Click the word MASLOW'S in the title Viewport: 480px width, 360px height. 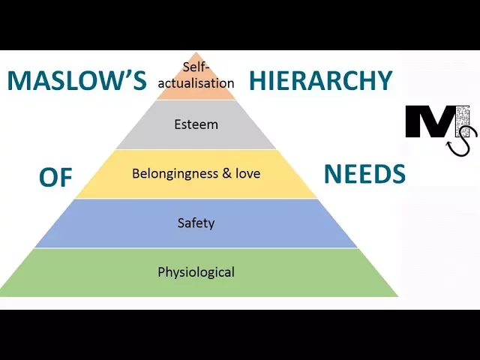tap(76, 81)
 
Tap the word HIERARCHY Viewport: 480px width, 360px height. tap(321, 81)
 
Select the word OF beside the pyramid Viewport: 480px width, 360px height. tap(55, 177)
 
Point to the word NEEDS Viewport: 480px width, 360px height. tap(364, 174)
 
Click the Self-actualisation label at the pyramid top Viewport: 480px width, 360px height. tap(196, 75)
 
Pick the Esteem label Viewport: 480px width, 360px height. tap(196, 124)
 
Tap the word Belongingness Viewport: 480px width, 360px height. tap(175, 173)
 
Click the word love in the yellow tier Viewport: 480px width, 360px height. tap(247, 173)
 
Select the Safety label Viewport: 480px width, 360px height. tap(196, 223)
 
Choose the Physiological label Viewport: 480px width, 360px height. tap(196, 271)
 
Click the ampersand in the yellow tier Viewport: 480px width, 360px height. tap(226, 173)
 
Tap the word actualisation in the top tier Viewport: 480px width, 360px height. tap(196, 82)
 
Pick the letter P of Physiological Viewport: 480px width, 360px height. tap(161, 271)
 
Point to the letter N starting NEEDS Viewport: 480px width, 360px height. tap(332, 174)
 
